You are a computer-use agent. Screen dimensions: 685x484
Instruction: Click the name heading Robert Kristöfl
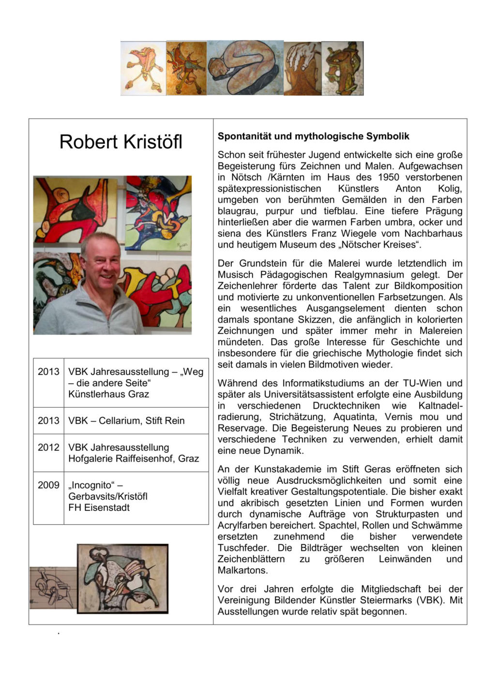[121, 142]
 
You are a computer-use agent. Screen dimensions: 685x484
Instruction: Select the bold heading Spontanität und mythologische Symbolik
[313, 136]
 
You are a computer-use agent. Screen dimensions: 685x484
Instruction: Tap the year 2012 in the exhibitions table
[48, 447]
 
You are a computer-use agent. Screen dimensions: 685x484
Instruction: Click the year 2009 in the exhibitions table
[48, 485]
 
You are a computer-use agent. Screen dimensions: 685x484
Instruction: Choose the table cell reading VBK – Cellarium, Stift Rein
[126, 421]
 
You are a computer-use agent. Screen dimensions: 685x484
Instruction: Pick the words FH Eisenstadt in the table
[99, 507]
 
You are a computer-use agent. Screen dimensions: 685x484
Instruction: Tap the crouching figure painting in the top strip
[245, 68]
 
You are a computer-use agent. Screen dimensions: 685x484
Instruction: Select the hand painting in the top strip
[302, 68]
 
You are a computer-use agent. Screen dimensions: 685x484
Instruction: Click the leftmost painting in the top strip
[143, 68]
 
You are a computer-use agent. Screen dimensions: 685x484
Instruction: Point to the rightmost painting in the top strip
[343, 68]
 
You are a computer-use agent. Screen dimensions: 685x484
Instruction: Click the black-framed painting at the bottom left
[122, 579]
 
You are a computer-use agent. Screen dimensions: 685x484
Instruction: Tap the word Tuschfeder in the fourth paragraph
[243, 548]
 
